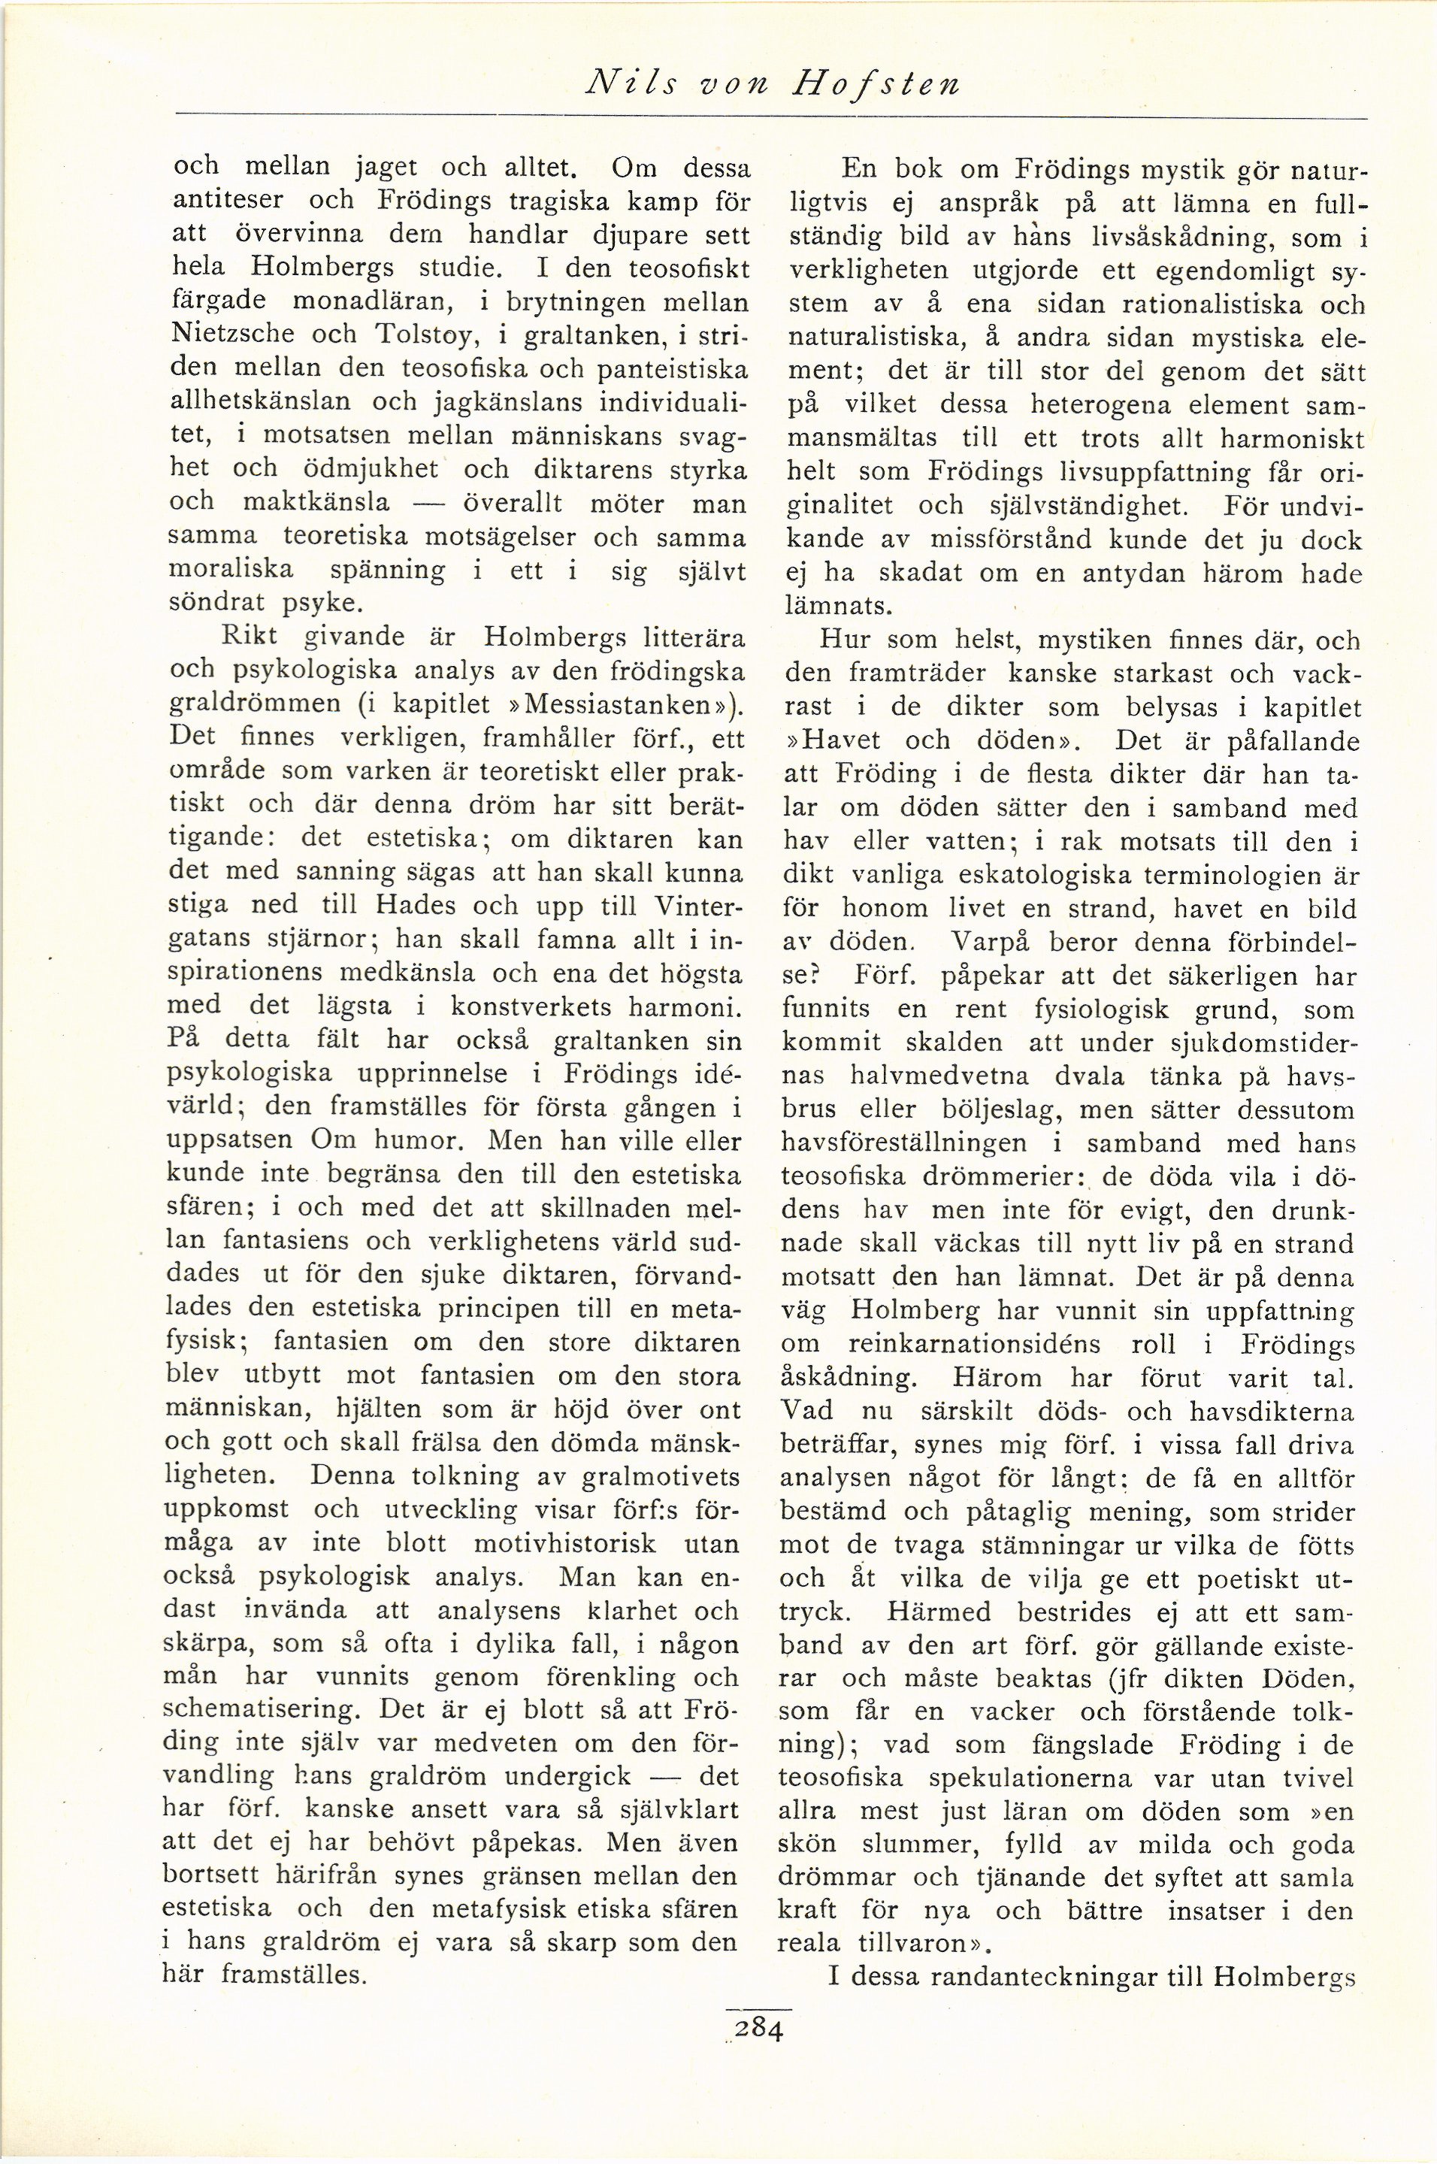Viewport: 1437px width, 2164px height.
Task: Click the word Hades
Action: (422, 906)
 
